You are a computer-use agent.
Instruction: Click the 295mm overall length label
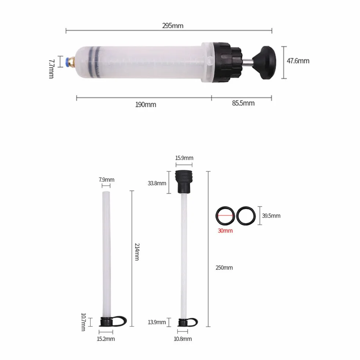[172, 25]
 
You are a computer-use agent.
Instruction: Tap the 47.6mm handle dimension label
[298, 61]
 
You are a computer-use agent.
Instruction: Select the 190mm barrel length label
[146, 105]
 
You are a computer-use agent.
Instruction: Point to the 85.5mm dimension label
[243, 103]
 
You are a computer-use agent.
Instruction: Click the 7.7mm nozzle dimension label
[51, 69]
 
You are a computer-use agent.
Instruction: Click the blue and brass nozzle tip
[70, 62]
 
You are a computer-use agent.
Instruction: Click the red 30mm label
[225, 230]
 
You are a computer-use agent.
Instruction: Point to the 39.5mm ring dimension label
[271, 216]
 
